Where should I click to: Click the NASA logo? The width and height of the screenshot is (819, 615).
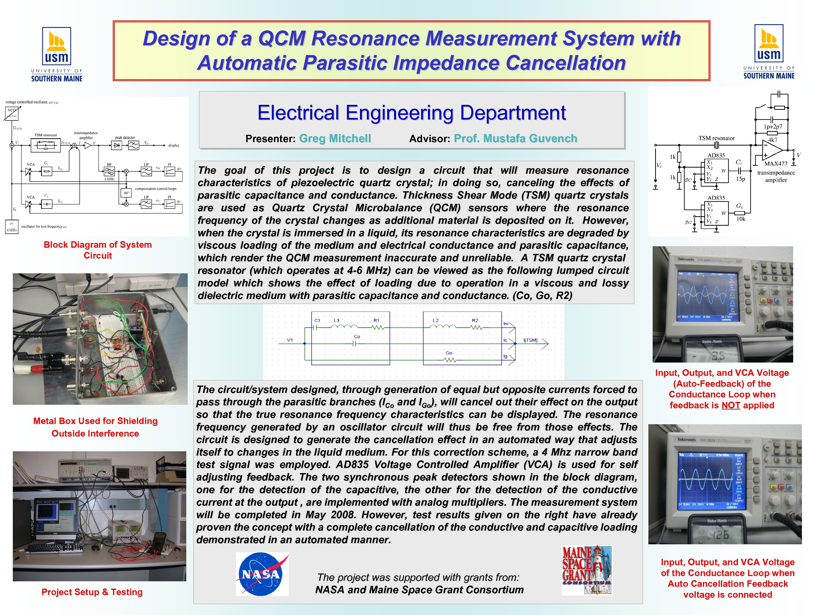coord(262,574)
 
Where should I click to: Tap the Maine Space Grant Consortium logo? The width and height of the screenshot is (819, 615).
coord(587,570)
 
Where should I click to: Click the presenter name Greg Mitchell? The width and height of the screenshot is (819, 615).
coord(335,138)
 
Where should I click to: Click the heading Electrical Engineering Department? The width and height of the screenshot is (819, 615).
coord(411,113)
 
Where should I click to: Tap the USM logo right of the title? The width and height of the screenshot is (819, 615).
coord(769,52)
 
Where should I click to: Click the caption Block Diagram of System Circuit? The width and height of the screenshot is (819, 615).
coord(98,250)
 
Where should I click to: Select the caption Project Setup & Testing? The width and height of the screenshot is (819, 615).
coord(92,592)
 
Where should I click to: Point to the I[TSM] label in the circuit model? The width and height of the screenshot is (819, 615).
coord(530,340)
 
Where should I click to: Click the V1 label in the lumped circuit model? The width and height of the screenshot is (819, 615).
coord(290,340)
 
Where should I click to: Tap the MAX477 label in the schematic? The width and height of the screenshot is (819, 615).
coord(776,163)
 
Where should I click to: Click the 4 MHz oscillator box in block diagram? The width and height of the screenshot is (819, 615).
coord(11,227)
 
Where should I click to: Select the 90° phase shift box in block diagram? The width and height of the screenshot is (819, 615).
coord(126,193)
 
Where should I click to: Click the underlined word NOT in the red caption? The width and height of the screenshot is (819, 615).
coord(731,405)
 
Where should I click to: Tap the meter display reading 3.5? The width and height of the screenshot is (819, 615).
coord(718,356)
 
